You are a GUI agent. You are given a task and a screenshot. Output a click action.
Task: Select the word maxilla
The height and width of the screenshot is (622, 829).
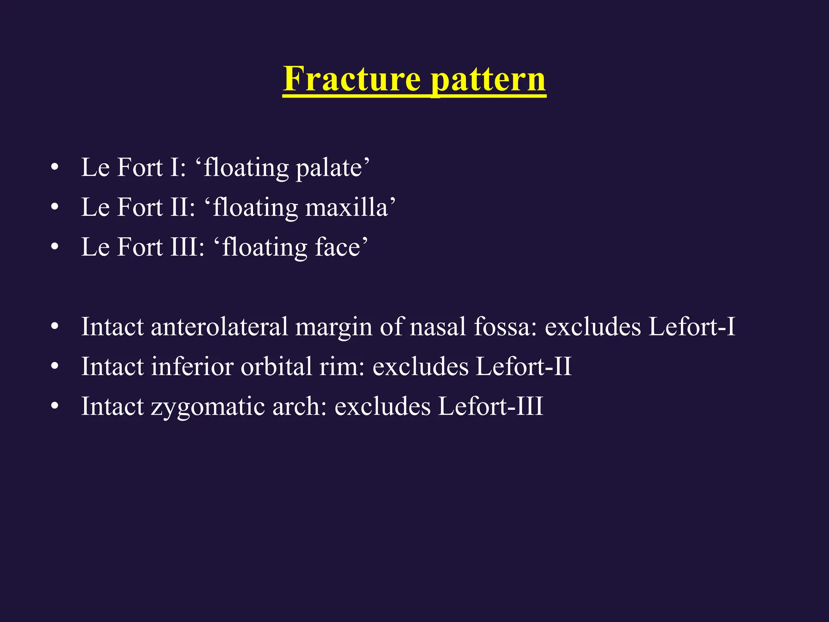point(346,207)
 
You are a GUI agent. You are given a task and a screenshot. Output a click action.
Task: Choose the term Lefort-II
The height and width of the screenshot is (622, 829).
point(523,366)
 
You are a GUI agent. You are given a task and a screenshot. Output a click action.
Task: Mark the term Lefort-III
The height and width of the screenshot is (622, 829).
point(490,406)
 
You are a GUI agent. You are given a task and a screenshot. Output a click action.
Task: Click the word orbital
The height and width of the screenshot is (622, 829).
point(277,366)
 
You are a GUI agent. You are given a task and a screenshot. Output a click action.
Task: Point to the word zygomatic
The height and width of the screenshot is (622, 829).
point(208,407)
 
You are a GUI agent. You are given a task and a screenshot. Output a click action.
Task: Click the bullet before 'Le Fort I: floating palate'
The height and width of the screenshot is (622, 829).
point(55,168)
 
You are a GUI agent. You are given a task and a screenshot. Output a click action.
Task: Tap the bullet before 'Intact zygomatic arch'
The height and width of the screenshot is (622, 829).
point(55,406)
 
